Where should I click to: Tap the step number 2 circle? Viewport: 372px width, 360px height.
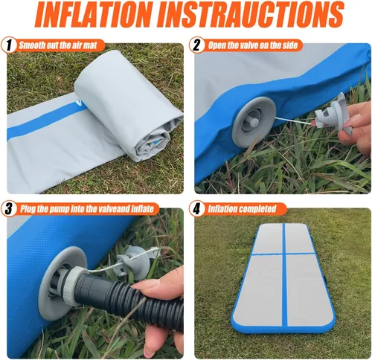pyautogui.click(x=196, y=45)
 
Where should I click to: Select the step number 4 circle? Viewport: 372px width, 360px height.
pyautogui.click(x=196, y=209)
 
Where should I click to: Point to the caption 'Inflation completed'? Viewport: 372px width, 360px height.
pyautogui.click(x=243, y=209)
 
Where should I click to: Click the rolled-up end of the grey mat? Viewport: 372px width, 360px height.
pyautogui.click(x=153, y=134)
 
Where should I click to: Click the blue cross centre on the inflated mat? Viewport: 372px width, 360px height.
pyautogui.click(x=285, y=254)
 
